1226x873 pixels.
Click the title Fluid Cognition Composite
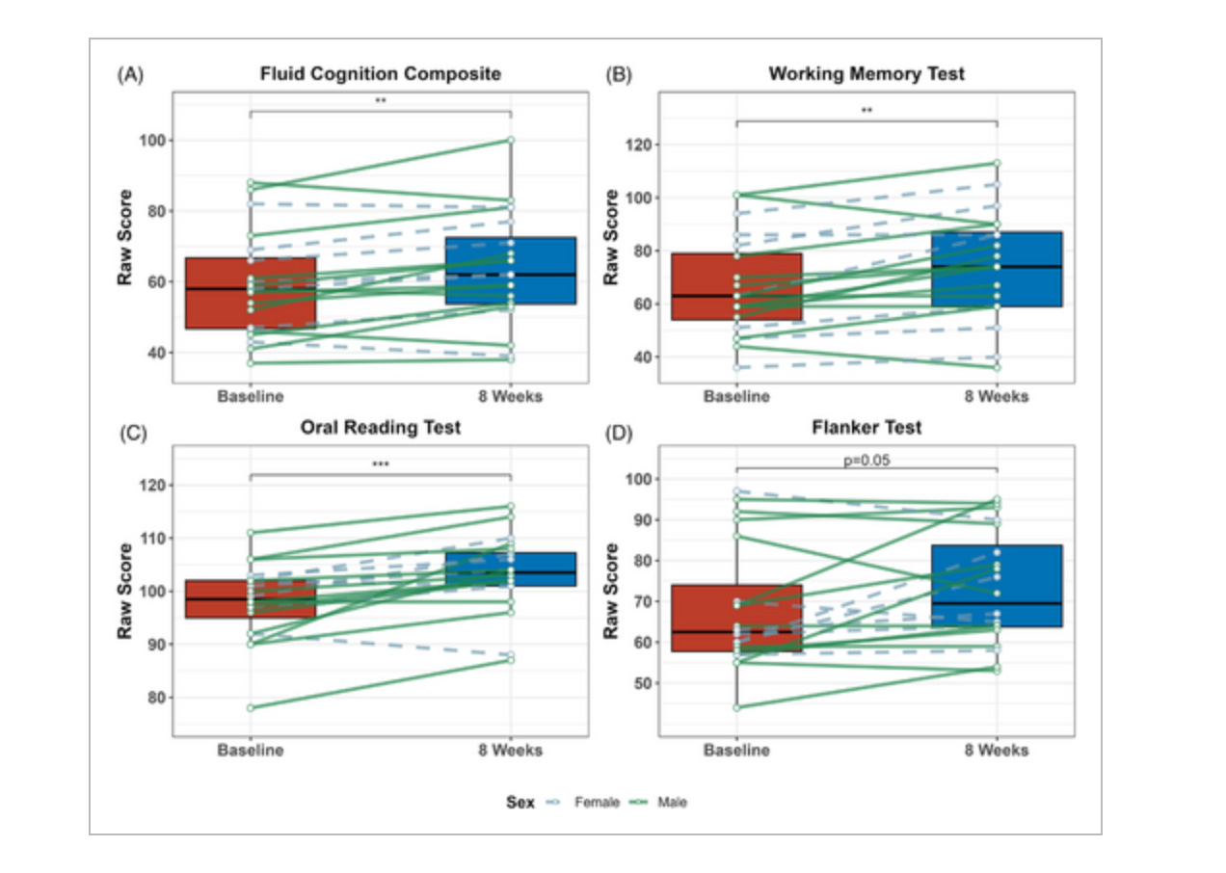(380, 74)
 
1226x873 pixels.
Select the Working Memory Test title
(866, 74)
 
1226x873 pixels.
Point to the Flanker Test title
(866, 428)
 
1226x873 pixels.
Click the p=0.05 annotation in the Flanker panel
(866, 460)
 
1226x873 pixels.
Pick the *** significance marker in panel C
(380, 464)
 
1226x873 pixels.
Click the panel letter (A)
(130, 74)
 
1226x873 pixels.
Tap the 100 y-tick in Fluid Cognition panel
(150, 141)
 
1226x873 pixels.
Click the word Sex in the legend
(520, 802)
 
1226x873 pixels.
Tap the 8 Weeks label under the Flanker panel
(997, 751)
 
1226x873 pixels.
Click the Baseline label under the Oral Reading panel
(251, 751)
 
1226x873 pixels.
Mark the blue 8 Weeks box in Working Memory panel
(997, 269)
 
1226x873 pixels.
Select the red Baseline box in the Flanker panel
(737, 618)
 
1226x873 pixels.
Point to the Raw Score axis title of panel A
(125, 237)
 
